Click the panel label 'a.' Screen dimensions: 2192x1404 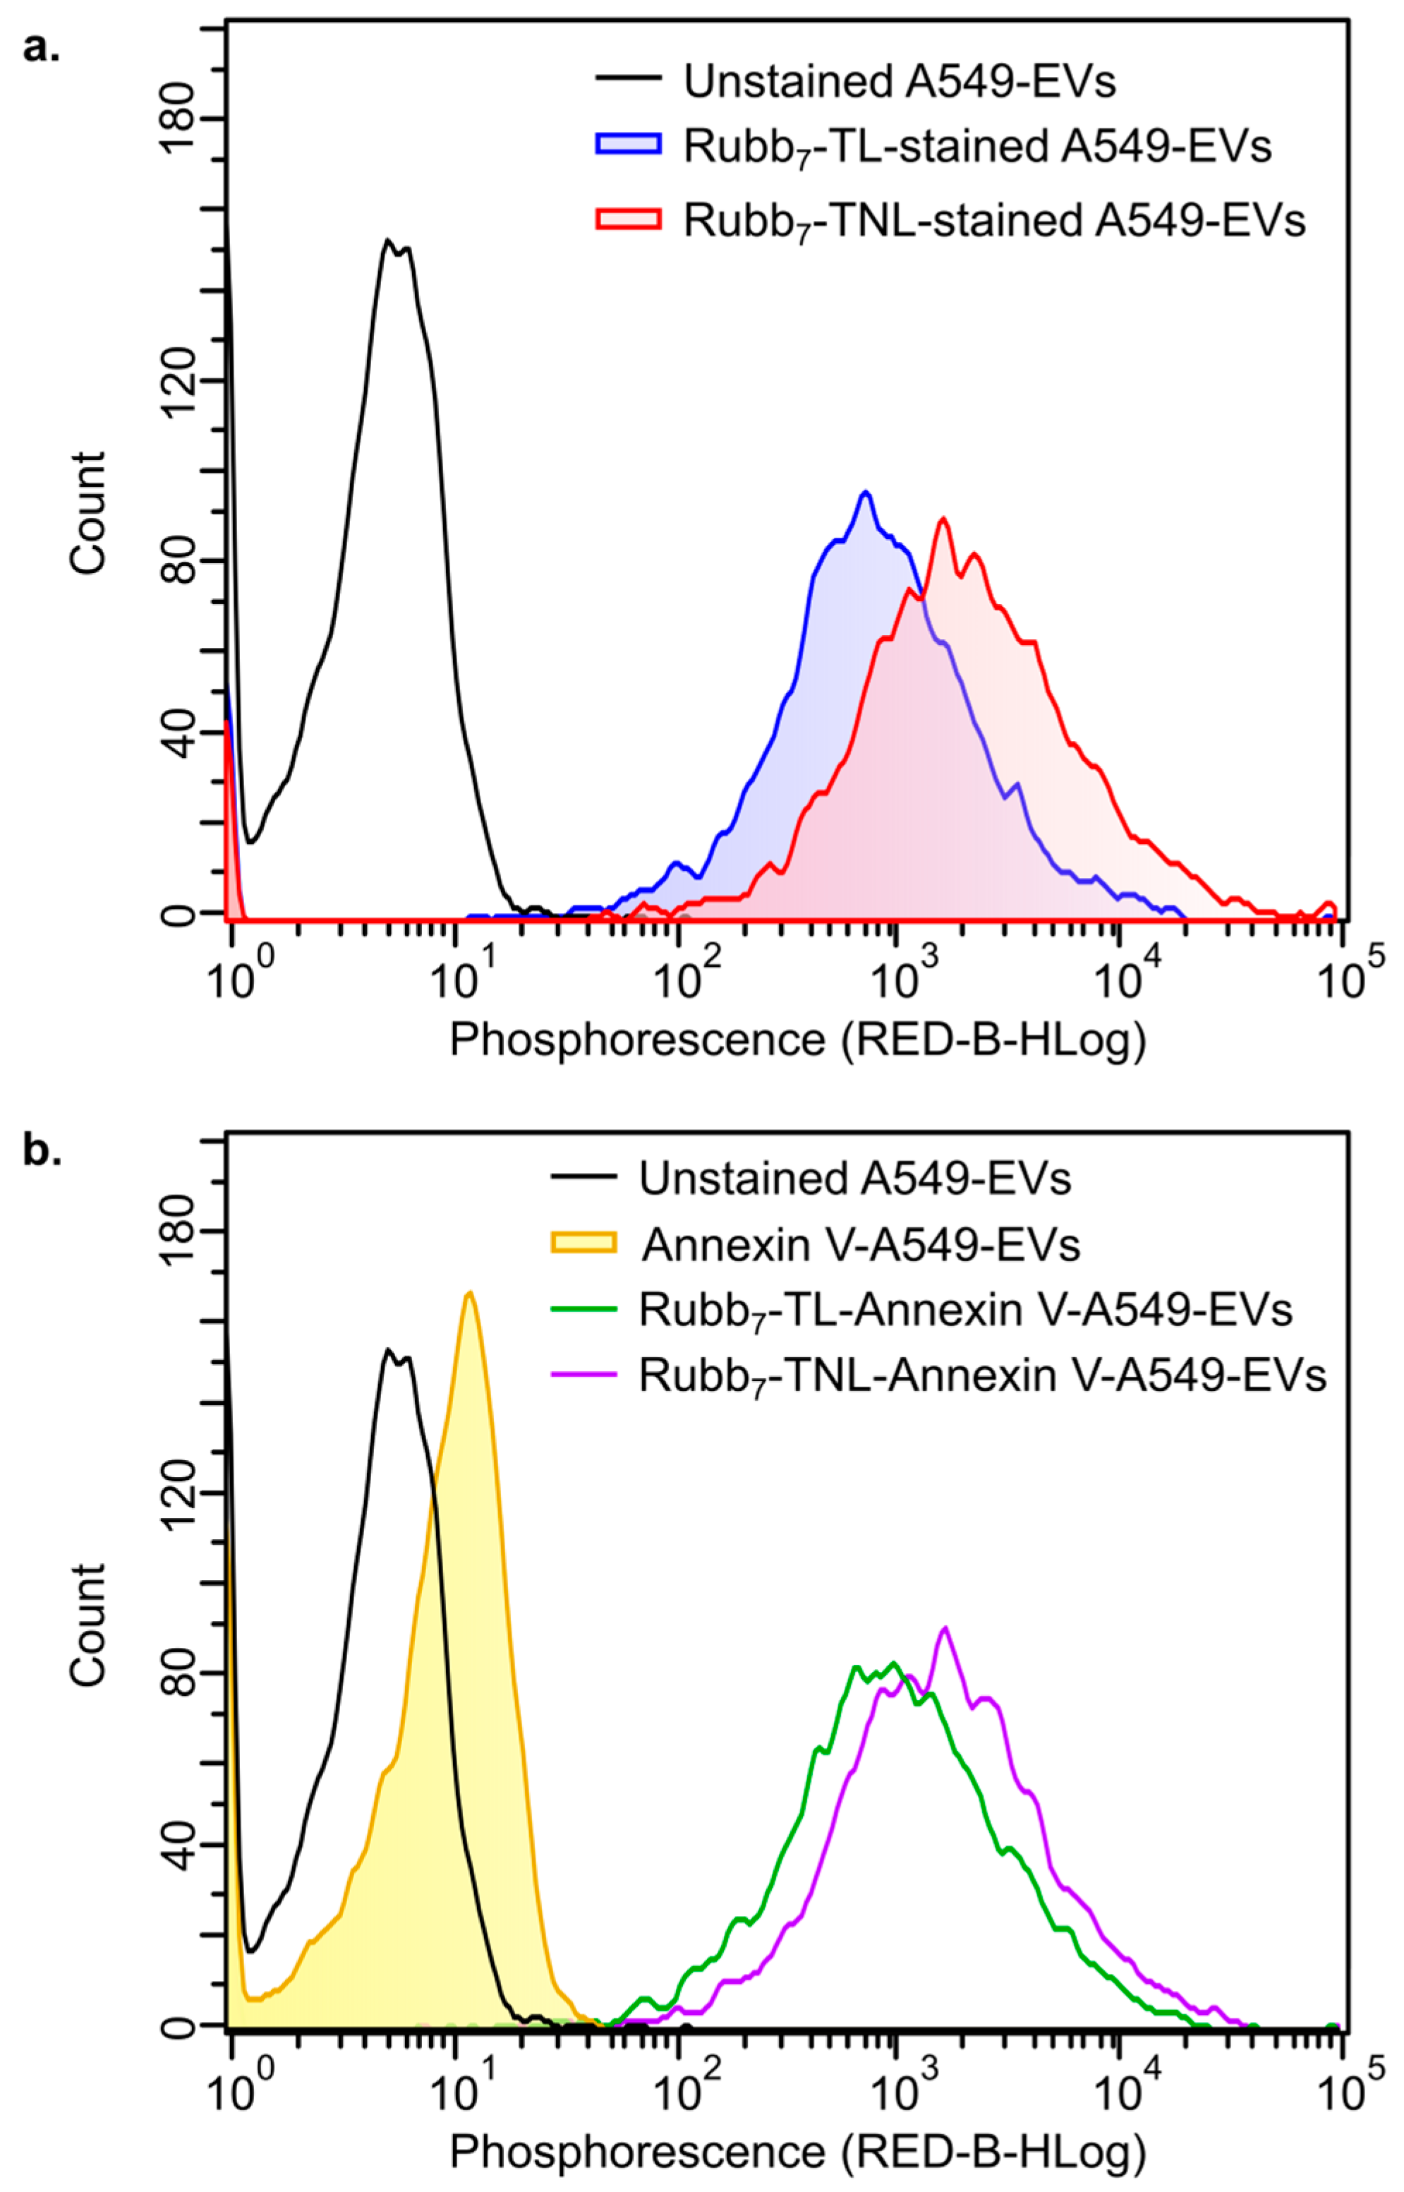41,47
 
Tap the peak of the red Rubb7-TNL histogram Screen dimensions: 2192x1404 943,519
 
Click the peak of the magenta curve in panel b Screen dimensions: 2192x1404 945,1627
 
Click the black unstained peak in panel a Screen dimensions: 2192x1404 388,241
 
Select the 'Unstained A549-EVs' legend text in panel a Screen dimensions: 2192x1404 900,82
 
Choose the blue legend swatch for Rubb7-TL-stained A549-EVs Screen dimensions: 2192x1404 628,145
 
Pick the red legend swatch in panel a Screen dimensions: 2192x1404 628,219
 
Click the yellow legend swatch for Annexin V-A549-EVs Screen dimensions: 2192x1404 583,1243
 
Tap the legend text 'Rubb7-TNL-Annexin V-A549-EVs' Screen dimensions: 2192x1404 982,1375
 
